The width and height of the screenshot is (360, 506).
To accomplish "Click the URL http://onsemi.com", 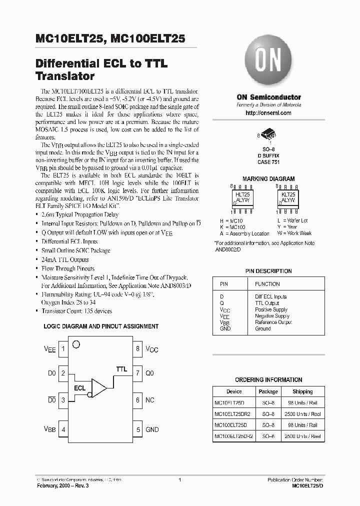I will click(268, 113).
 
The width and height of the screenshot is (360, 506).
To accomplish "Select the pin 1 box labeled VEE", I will click(63, 349).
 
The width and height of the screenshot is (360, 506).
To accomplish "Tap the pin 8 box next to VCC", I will click(137, 349).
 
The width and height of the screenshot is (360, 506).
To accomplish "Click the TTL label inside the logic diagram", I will click(121, 369).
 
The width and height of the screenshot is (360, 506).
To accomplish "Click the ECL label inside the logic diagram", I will click(79, 388).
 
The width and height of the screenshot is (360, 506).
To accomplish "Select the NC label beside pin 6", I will click(150, 400).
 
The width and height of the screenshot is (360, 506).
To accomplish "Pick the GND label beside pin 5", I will click(152, 429).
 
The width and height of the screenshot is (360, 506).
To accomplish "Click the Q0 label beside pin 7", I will click(150, 373).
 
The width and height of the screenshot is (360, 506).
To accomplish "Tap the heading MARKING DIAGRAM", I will click(268, 178).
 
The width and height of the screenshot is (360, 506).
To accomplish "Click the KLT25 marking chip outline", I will click(288, 198).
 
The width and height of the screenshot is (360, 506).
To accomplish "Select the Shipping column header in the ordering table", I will click(302, 391).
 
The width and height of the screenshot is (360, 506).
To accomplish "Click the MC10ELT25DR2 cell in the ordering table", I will click(233, 414).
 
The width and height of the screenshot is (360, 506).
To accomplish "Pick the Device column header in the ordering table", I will click(233, 391).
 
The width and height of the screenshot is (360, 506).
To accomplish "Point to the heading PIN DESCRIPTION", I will click(268, 271).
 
